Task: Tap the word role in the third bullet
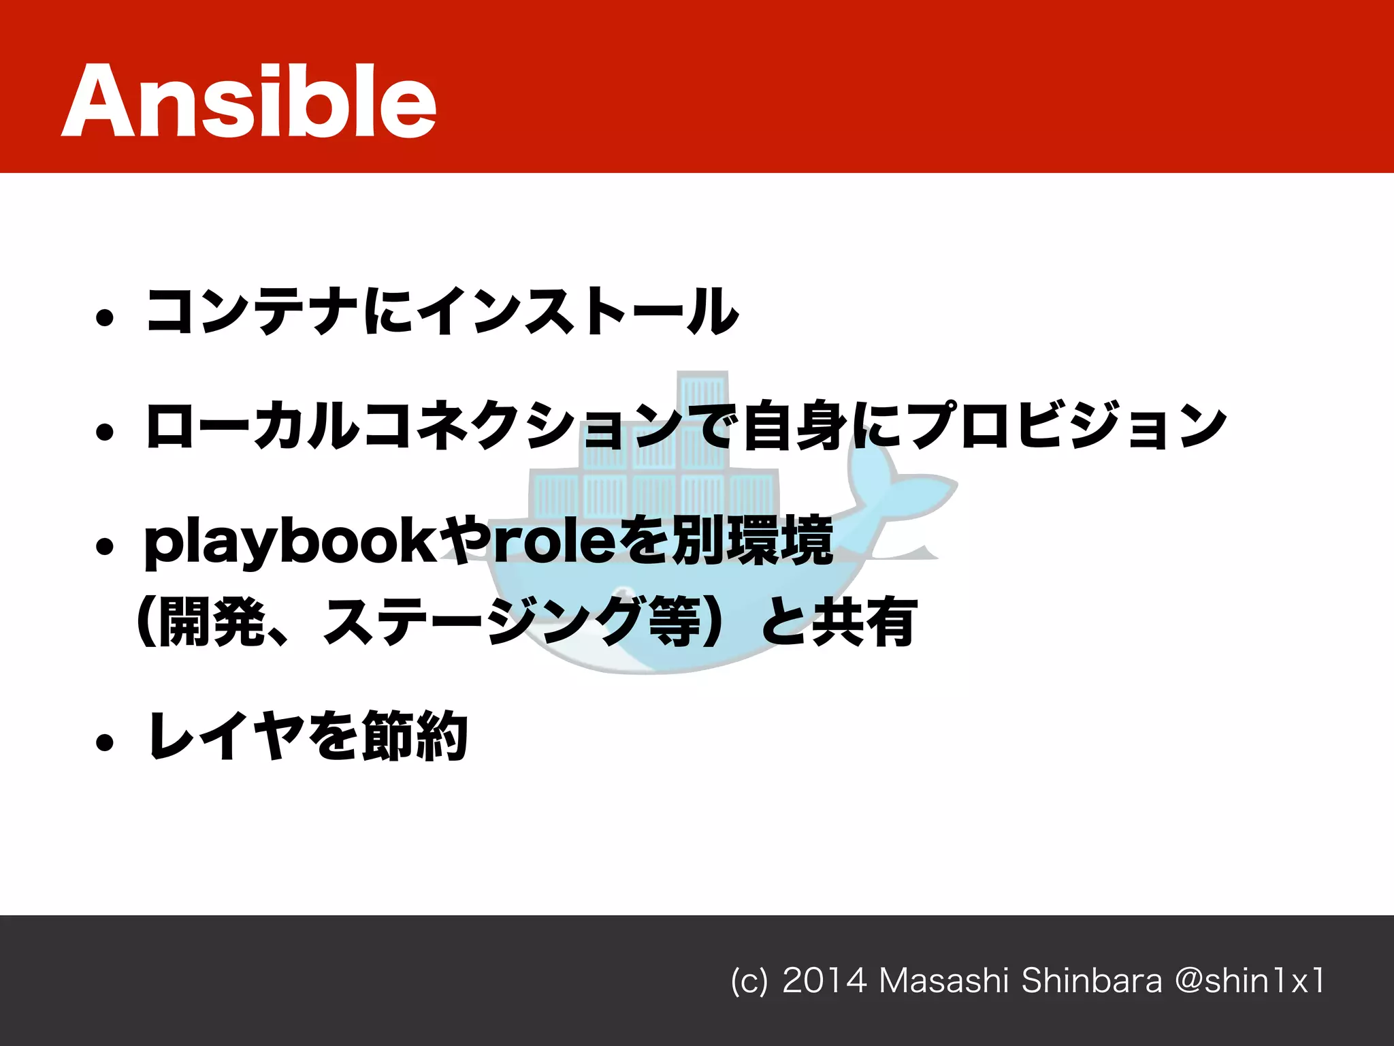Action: tap(551, 542)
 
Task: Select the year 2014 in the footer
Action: tap(824, 981)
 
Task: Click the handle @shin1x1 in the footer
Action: tap(1250, 981)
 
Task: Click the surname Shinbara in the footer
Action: tap(1091, 981)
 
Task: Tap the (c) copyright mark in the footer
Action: tap(749, 981)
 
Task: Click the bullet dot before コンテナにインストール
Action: tap(104, 317)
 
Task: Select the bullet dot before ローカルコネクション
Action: tap(104, 432)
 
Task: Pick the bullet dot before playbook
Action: tap(104, 546)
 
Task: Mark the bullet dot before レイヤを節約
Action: tap(104, 742)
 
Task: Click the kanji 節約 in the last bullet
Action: tap(415, 735)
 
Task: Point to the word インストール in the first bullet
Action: tap(578, 311)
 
